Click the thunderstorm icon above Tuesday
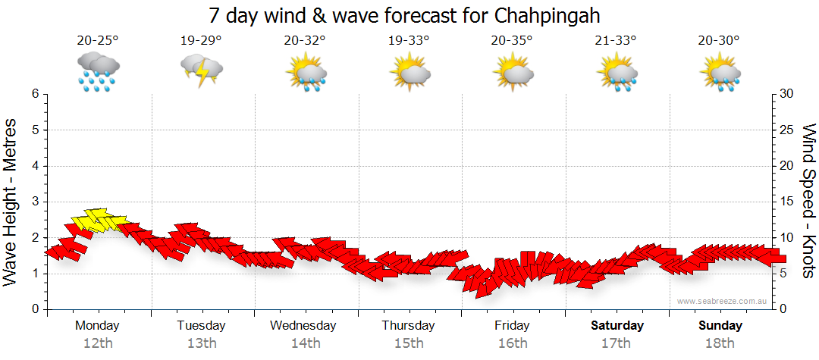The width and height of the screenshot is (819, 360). coord(201,70)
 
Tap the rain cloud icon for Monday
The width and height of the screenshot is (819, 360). coord(98,71)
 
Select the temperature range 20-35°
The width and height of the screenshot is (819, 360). coord(512,41)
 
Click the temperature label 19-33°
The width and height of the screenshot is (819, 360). coord(409,41)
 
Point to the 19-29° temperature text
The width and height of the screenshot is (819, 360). coord(201,41)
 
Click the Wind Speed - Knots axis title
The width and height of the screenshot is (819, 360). coord(808,201)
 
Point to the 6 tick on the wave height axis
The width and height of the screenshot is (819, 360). coord(35,94)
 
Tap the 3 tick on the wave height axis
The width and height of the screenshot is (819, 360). coord(35,202)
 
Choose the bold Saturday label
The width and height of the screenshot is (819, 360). coord(617,326)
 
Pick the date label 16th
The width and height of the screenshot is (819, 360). coord(513,343)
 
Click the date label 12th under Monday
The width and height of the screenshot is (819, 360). coord(98,343)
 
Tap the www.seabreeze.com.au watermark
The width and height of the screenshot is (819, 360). coord(723,301)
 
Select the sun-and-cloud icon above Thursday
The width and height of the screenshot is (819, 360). coord(409,71)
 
